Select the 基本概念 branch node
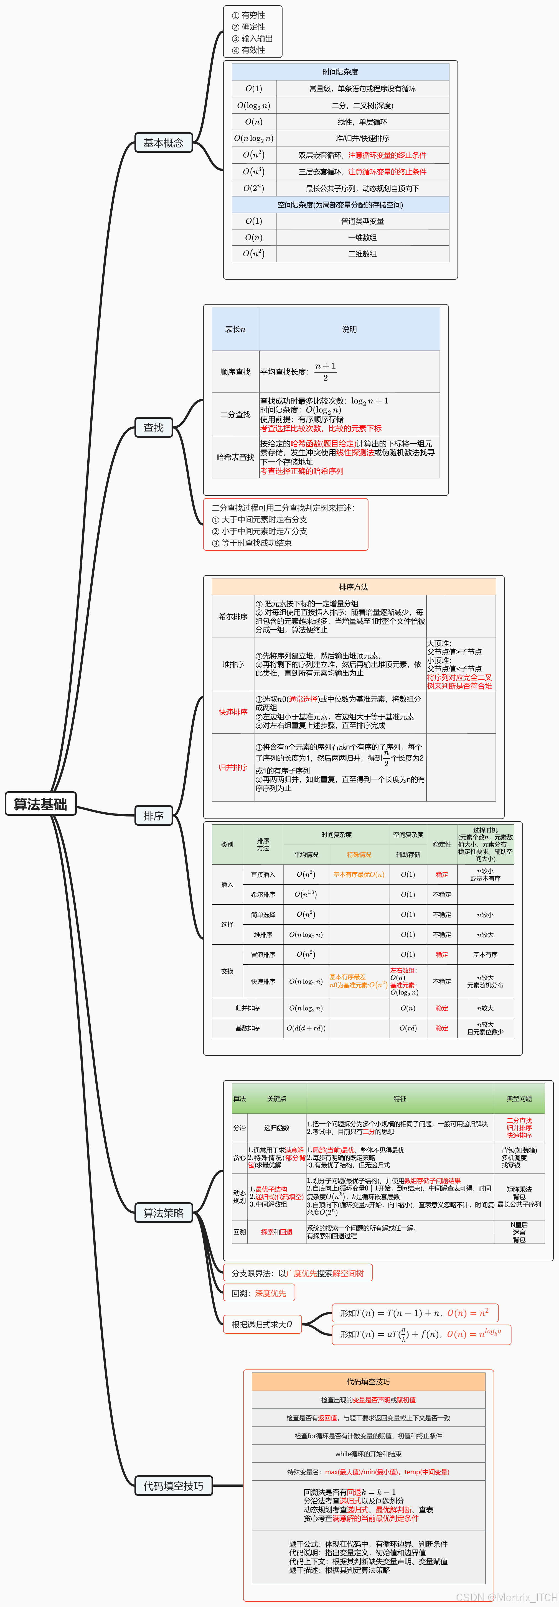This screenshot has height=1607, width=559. tap(164, 143)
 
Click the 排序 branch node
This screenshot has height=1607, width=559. tap(154, 815)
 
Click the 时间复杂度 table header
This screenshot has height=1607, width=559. tap(340, 72)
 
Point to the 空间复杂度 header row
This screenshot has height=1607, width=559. tap(340, 205)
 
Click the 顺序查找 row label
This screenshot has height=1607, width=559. tap(235, 372)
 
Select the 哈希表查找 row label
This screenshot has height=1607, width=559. tap(235, 457)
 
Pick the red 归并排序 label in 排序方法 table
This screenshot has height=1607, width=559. tap(233, 767)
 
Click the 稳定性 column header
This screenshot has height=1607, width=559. tap(442, 844)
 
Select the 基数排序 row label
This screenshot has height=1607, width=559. tap(248, 1028)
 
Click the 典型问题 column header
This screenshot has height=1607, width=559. tap(519, 1099)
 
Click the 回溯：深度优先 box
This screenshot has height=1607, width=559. tap(259, 1293)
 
